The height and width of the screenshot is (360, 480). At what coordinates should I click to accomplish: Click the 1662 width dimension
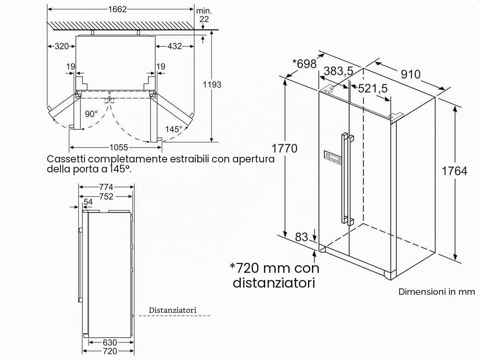click(118, 9)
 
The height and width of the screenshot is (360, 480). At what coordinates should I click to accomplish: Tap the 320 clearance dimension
click(62, 46)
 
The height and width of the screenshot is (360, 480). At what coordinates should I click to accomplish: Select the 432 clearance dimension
click(175, 46)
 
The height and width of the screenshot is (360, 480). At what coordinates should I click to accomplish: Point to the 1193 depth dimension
click(212, 84)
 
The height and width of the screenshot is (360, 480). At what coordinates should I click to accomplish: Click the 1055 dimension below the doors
click(118, 148)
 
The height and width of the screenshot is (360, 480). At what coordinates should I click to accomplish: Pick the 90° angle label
click(91, 114)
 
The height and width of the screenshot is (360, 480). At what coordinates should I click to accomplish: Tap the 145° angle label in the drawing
click(174, 129)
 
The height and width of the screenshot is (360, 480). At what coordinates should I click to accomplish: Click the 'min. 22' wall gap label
click(204, 15)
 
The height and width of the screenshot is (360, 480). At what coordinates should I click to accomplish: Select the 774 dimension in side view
click(106, 187)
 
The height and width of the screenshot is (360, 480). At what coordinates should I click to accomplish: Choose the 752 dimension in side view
click(106, 197)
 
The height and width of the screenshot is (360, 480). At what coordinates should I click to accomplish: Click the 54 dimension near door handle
click(88, 202)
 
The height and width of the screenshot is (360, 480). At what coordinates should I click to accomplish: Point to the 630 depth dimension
click(110, 342)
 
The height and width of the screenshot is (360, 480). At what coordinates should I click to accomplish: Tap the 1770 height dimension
click(284, 148)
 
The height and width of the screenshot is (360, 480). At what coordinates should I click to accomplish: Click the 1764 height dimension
click(454, 171)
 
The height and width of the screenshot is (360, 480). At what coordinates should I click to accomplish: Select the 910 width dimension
click(410, 74)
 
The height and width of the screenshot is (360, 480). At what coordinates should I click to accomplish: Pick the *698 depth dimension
click(305, 64)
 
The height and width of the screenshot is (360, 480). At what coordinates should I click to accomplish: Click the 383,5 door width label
click(338, 71)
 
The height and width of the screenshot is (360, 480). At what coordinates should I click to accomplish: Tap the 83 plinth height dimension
click(301, 237)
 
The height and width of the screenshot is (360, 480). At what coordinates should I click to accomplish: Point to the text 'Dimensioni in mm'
click(436, 292)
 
